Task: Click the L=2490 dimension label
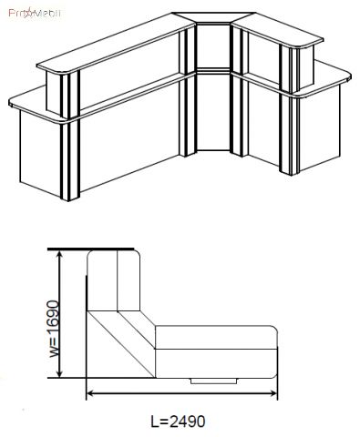tap(178, 422)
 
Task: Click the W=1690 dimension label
tap(53, 329)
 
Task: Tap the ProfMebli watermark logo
tap(35, 14)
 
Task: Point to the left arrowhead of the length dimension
tap(90, 393)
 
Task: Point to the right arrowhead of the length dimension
tap(273, 393)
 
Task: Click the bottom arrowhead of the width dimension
tap(60, 373)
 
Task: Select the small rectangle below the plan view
tap(214, 381)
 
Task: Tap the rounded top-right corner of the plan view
tap(137, 254)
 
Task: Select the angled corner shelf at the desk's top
tap(213, 17)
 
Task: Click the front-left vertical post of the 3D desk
tap(70, 158)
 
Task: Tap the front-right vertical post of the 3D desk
tap(289, 134)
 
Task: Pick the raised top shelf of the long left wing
tap(116, 43)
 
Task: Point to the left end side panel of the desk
tap(40, 154)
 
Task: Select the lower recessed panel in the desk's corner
tap(212, 112)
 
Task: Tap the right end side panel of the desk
tap(320, 128)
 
